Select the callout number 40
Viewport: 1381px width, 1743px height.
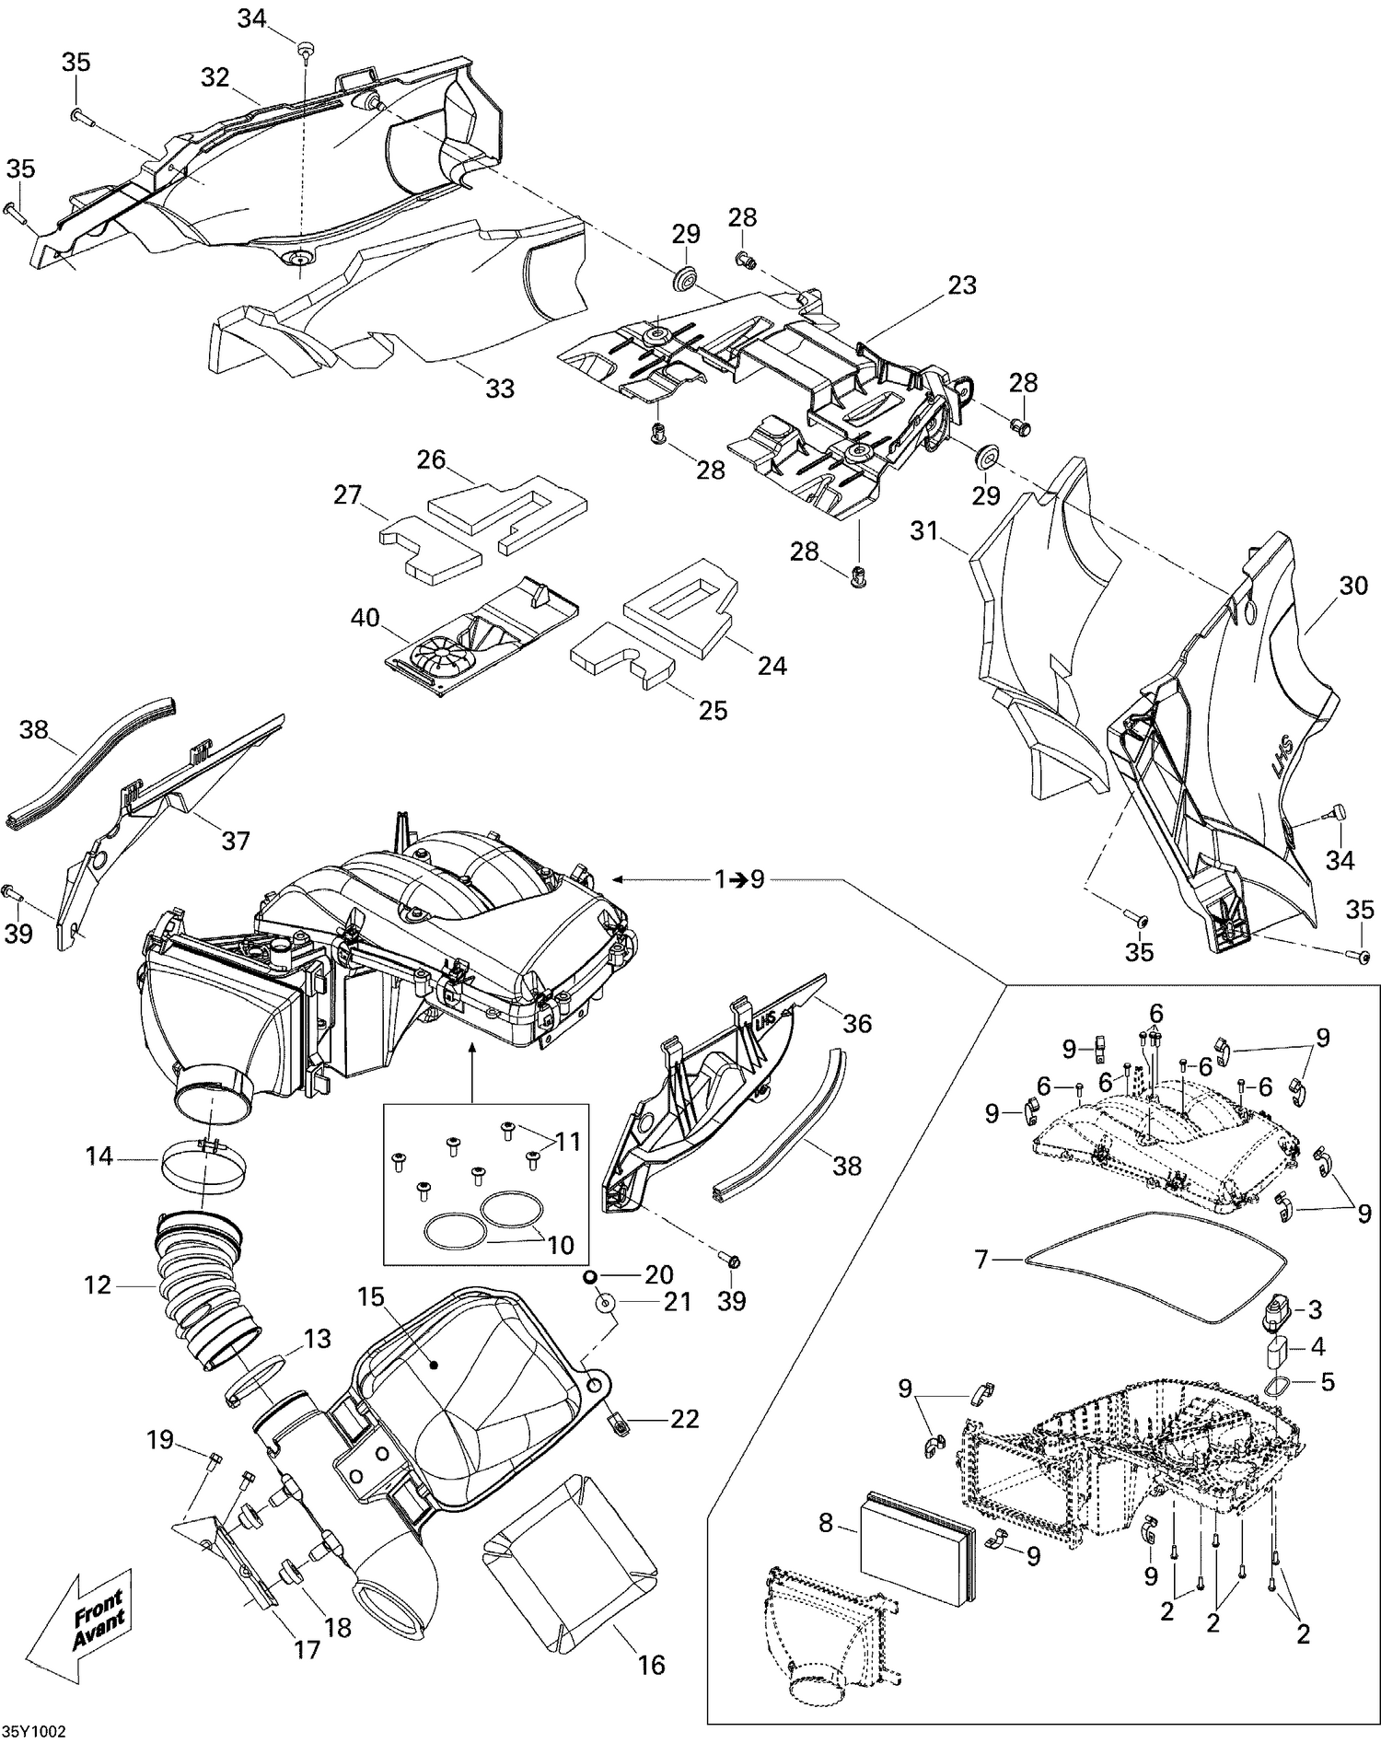click(x=366, y=618)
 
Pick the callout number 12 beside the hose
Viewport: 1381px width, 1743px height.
click(x=98, y=1284)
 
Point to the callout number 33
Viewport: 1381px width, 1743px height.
click(x=500, y=389)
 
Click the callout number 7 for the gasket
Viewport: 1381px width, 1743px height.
click(x=981, y=1258)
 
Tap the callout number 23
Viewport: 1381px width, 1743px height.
click(x=962, y=285)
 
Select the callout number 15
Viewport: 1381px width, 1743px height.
click(x=371, y=1297)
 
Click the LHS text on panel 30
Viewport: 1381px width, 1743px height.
click(x=1282, y=743)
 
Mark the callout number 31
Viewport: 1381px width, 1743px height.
click(x=924, y=531)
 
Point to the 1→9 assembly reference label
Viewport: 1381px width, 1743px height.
click(x=740, y=879)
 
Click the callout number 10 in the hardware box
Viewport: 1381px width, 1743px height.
click(x=561, y=1245)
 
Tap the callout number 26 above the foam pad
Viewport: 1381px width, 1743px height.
click(x=431, y=459)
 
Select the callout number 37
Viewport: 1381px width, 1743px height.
click(x=236, y=840)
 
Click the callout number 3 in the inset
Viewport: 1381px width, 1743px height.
click(x=1316, y=1308)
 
